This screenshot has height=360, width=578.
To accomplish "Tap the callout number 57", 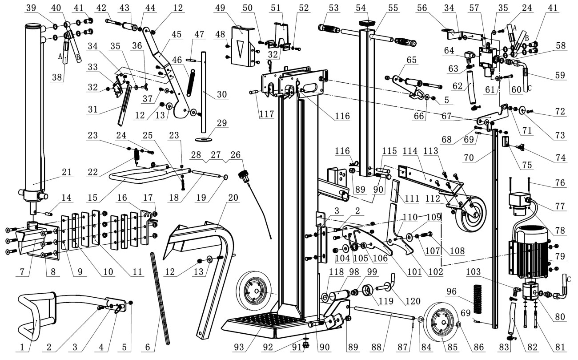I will pyautogui.click(x=474, y=8).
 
